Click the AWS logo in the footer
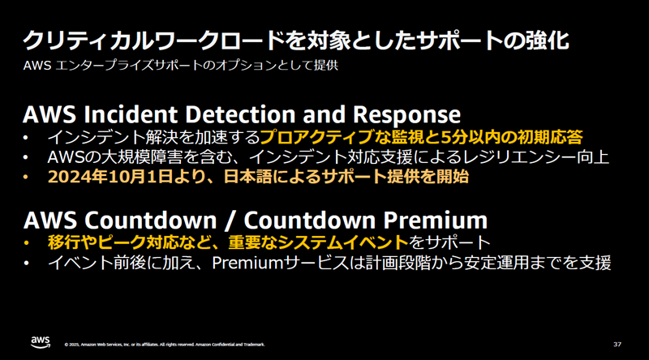pyautogui.click(x=41, y=342)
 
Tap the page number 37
pyautogui.click(x=617, y=345)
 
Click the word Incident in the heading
pyautogui.click(x=131, y=114)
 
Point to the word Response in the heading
pyautogui.click(x=407, y=115)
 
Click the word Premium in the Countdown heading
pyautogui.click(x=435, y=220)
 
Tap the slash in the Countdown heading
pyautogui.click(x=230, y=221)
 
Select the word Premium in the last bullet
pyautogui.click(x=247, y=264)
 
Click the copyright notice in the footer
pyautogui.click(x=165, y=345)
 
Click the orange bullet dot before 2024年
pyautogui.click(x=26, y=177)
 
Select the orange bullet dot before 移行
pyautogui.click(x=26, y=243)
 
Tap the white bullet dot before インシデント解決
pyautogui.click(x=26, y=137)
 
